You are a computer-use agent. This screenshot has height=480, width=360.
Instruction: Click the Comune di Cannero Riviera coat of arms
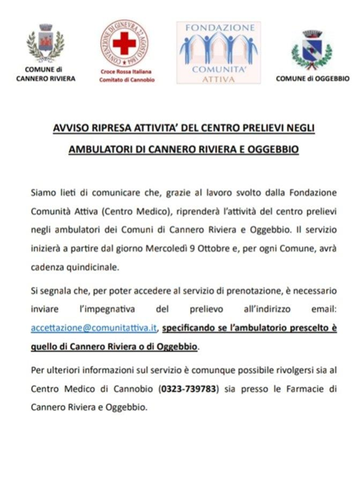44,45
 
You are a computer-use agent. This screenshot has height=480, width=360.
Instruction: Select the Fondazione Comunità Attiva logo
217,50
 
